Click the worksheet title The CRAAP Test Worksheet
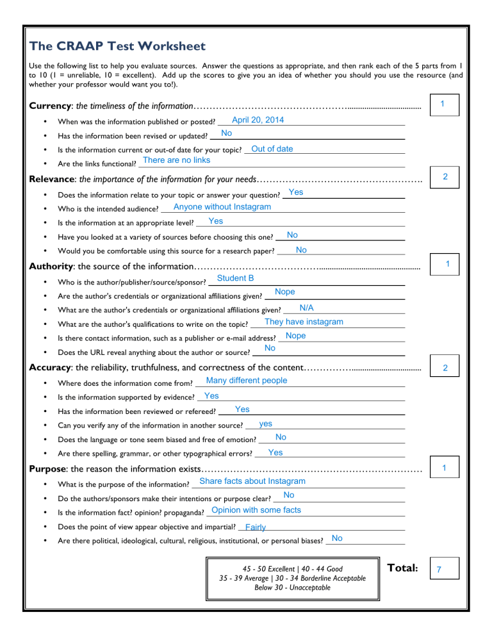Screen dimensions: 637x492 (117, 47)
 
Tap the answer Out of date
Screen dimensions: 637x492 (272, 149)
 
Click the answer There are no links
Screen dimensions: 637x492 (176, 160)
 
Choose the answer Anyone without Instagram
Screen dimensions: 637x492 (222, 207)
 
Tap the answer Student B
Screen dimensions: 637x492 (235, 278)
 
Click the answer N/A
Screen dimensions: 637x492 (306, 308)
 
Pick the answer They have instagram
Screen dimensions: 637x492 (304, 322)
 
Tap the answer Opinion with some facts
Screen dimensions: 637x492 (256, 510)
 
